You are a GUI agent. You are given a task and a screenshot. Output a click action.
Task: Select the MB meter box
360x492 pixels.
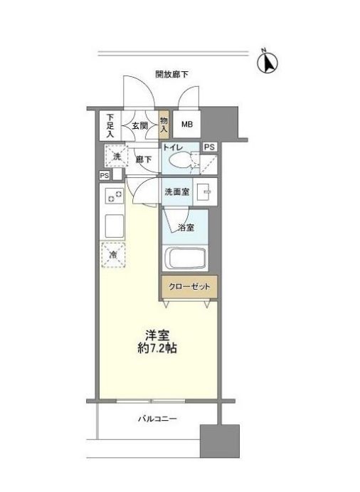tap(186, 125)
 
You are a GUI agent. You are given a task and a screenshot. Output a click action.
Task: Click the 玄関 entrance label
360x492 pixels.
tap(139, 126)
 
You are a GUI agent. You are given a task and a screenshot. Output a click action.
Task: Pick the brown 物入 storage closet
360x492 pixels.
tap(164, 125)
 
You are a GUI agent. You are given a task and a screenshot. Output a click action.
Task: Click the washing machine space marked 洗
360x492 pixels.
tap(114, 155)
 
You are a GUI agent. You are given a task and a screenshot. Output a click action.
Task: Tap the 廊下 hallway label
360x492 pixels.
tap(143, 159)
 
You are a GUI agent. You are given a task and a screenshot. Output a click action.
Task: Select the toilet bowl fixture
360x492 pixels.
tap(183, 161)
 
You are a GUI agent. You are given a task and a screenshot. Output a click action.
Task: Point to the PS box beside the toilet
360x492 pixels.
tap(208, 147)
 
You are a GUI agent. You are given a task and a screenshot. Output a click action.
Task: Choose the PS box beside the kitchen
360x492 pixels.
tap(104, 175)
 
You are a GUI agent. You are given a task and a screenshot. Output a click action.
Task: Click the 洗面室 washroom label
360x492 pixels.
tap(176, 192)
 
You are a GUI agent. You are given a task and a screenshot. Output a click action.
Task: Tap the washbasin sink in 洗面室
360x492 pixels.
tap(202, 192)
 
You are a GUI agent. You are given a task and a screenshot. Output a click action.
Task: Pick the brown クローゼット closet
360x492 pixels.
tap(188, 287)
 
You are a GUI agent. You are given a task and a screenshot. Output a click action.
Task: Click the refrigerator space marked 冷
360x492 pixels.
tap(113, 253)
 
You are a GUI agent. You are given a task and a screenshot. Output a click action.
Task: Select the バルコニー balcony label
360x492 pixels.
tap(157, 419)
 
